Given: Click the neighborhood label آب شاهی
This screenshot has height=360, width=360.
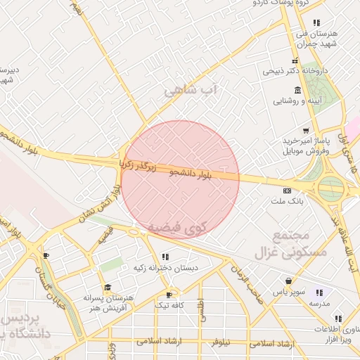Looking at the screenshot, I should pyautogui.click(x=191, y=91).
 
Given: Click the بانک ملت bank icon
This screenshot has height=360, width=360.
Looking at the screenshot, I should pyautogui.click(x=286, y=190).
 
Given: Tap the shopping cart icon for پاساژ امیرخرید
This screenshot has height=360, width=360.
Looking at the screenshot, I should pyautogui.click(x=305, y=131).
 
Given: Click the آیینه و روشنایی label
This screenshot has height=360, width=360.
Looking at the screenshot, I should pyautogui.click(x=299, y=101).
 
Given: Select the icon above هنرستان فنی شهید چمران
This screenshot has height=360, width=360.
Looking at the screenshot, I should pyautogui.click(x=316, y=22).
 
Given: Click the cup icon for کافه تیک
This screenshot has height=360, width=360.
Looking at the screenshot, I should pyautogui.click(x=169, y=295).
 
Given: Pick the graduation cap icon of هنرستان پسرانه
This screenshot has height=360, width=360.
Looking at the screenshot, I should pyautogui.click(x=107, y=288).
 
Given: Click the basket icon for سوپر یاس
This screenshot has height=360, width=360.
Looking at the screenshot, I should pyautogui.click(x=288, y=281).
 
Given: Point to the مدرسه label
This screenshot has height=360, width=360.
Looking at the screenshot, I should pyautogui.click(x=321, y=304).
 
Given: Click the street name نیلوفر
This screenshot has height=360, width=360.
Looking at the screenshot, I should pyautogui.click(x=224, y=342).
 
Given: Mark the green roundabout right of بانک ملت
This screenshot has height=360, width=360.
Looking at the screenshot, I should pyautogui.click(x=330, y=188).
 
